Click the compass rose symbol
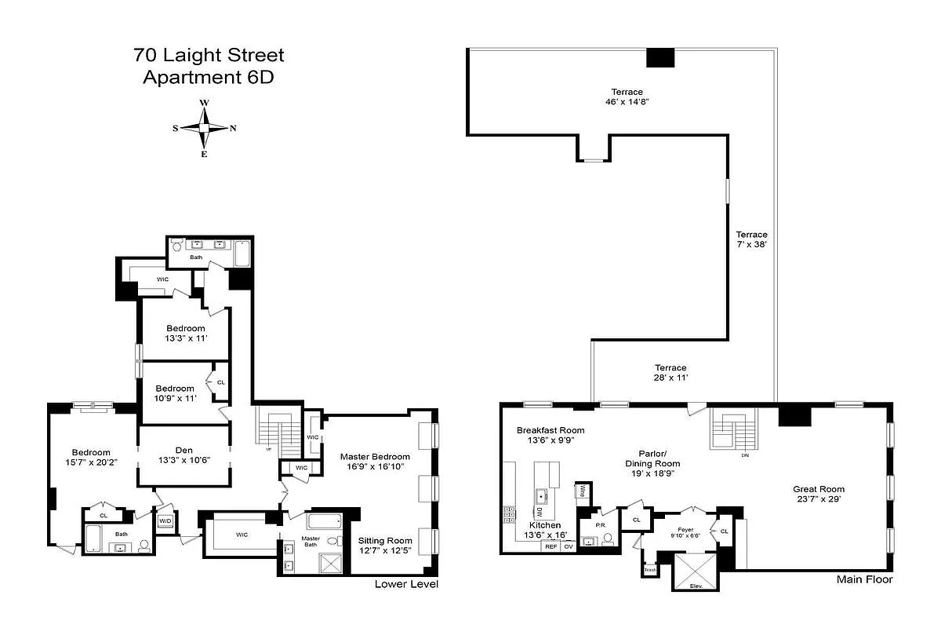point(204,128)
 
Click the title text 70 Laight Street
point(209,56)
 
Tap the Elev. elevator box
point(694,571)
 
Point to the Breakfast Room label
point(550,436)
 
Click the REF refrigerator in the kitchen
point(551,546)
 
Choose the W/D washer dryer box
point(165,521)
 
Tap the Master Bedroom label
point(375,462)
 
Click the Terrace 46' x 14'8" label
point(627,97)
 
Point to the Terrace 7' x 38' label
point(751,239)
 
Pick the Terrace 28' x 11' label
point(670,373)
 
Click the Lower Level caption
point(406,584)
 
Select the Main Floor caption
point(863,580)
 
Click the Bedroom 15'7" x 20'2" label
point(91,457)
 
